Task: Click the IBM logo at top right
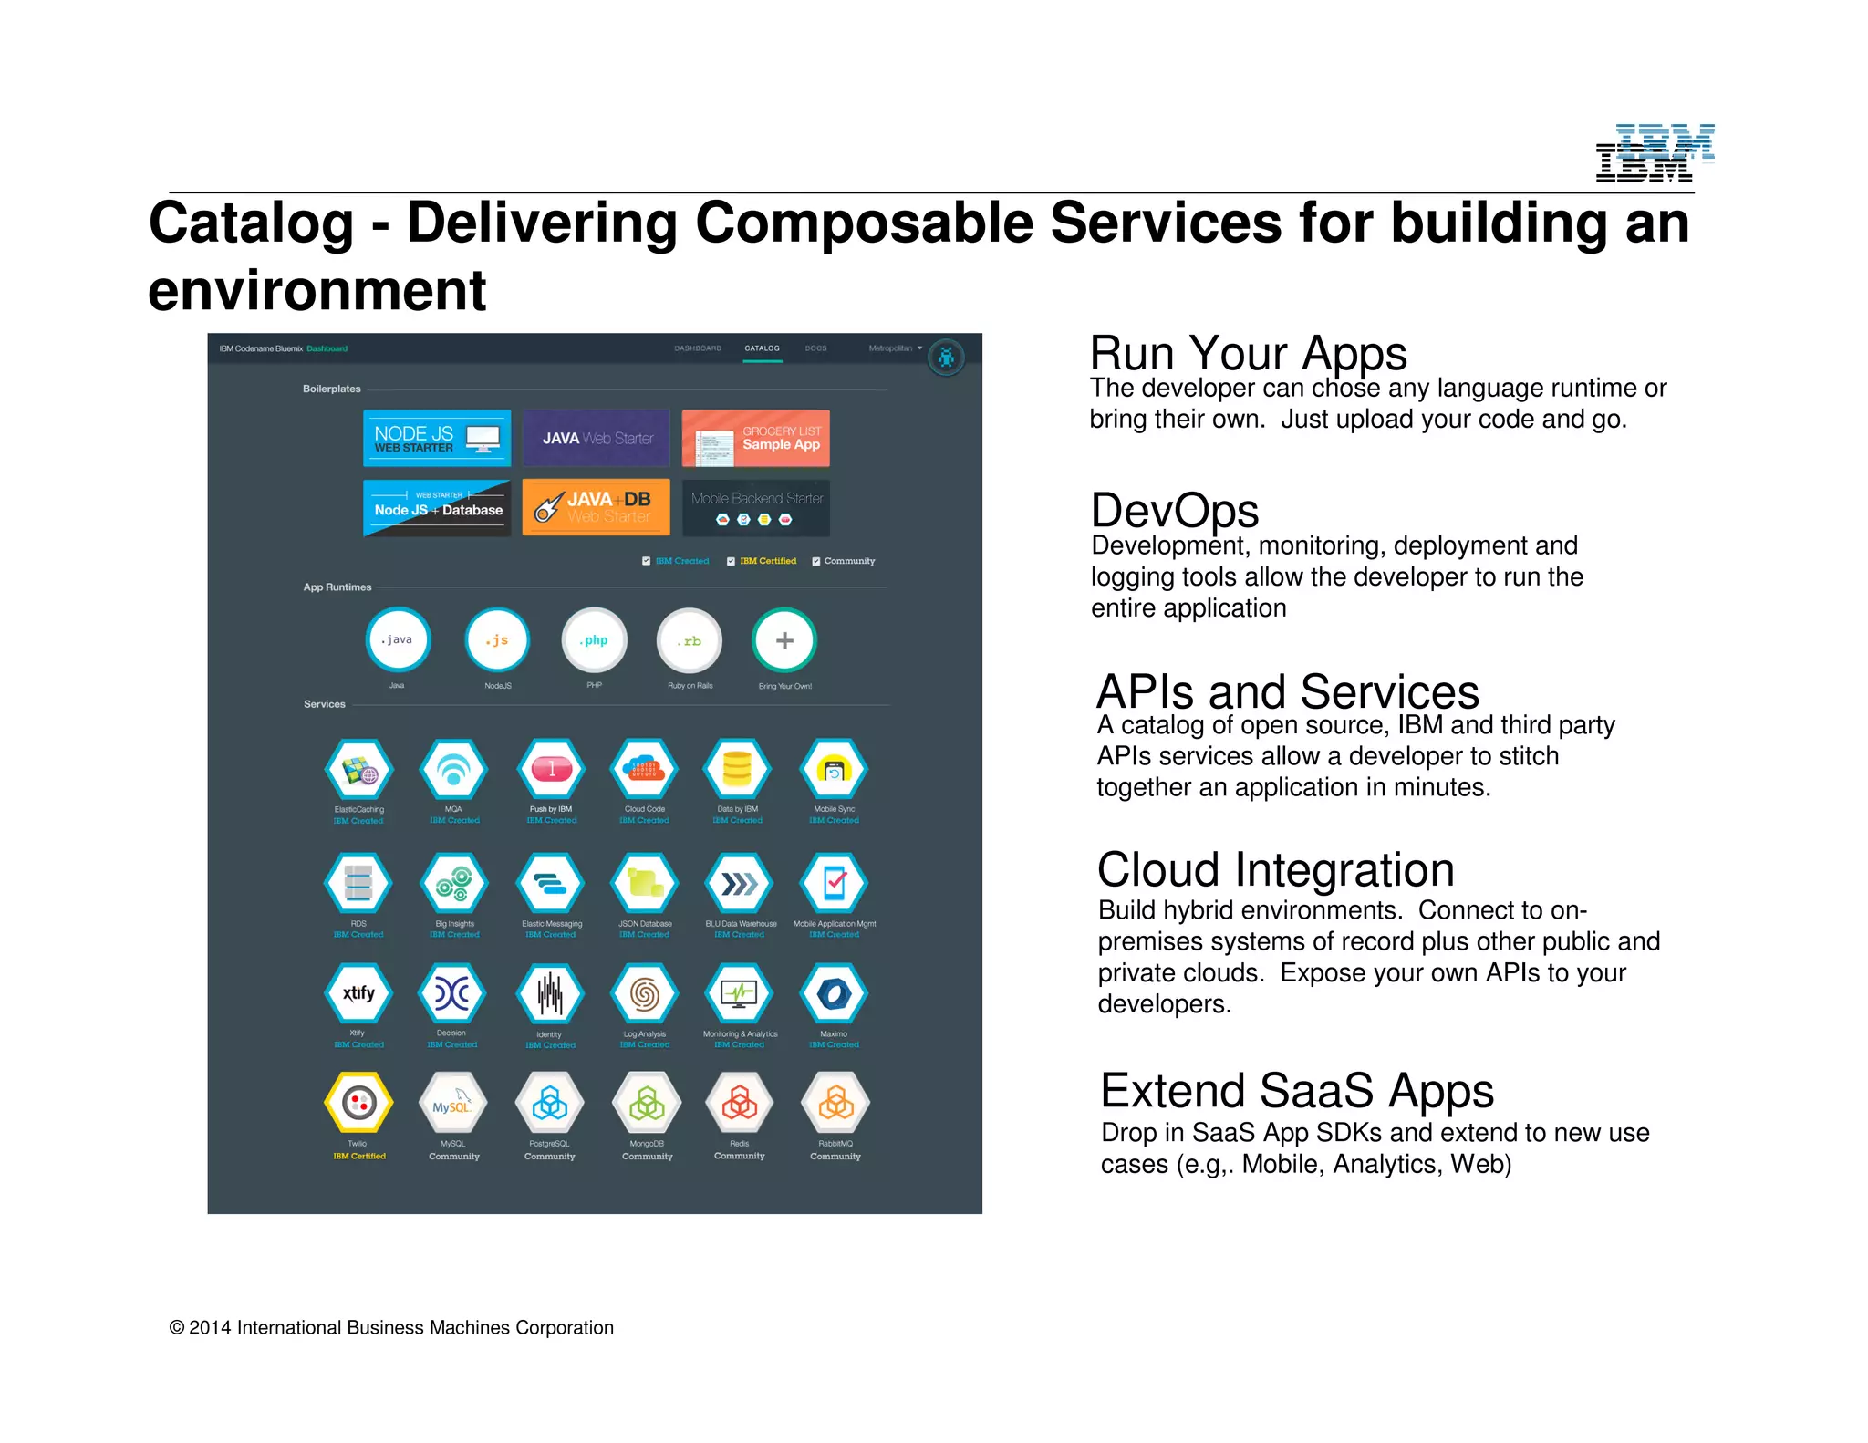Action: [1653, 153]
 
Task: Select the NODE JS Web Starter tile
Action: [437, 439]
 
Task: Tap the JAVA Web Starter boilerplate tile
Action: [597, 439]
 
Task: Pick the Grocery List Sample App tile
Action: [756, 439]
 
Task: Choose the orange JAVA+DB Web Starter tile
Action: [597, 507]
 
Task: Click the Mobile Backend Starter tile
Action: [756, 508]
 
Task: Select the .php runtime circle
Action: [595, 640]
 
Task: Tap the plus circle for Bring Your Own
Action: [784, 640]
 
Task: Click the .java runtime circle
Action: [398, 639]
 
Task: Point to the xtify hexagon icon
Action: [358, 993]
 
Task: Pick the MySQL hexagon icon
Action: [453, 1104]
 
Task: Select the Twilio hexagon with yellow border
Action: [358, 1104]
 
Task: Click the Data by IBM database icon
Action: [737, 770]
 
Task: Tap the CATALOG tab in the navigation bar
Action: [762, 348]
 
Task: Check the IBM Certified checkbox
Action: [731, 561]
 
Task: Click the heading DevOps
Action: [1175, 511]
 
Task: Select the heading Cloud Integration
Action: [1275, 870]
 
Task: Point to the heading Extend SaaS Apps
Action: [1296, 1091]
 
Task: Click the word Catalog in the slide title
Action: [251, 223]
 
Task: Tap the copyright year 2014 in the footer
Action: [210, 1328]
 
